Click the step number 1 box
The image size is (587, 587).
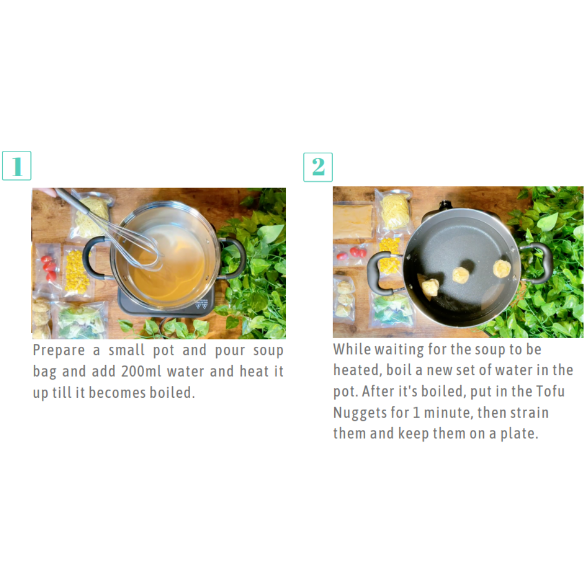(x=16, y=166)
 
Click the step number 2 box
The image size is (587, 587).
(x=318, y=167)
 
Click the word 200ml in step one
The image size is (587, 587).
(x=141, y=371)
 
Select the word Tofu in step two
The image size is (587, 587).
(x=550, y=391)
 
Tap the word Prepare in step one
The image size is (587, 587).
(x=59, y=351)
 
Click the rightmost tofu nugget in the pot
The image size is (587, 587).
(x=502, y=269)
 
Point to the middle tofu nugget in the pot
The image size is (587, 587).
(x=460, y=275)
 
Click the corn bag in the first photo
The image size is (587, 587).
(x=77, y=272)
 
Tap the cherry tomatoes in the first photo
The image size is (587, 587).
(x=49, y=267)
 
